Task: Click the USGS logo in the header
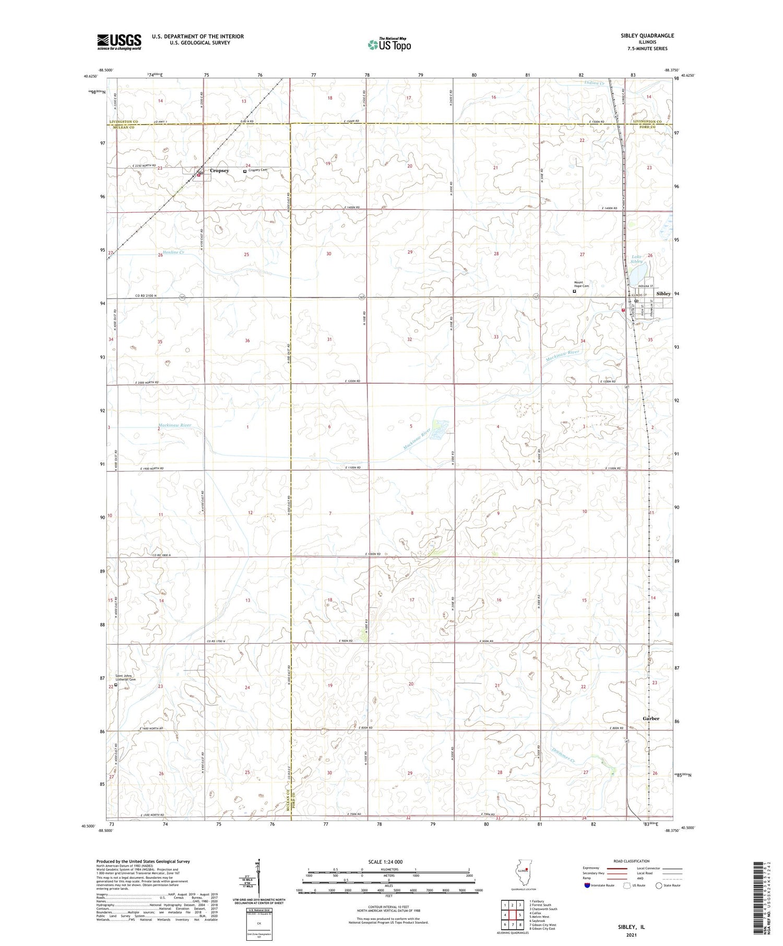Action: (119, 42)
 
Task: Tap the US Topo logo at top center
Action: (389, 45)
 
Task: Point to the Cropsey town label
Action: (219, 171)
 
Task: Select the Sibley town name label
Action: (663, 294)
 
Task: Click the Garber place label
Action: (651, 719)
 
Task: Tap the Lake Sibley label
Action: (637, 259)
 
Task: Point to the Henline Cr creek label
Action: (174, 253)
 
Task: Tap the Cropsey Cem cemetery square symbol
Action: (245, 171)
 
